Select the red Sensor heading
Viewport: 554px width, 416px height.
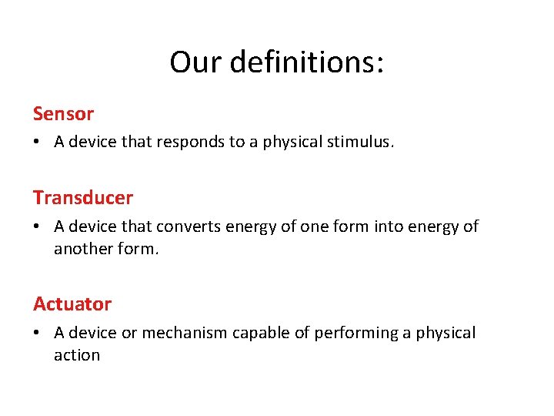tap(63, 114)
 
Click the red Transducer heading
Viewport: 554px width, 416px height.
tap(83, 198)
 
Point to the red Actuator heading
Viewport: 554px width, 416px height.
tap(72, 304)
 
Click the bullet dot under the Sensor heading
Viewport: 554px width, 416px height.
tap(37, 143)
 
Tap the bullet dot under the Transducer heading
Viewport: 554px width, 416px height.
tap(37, 226)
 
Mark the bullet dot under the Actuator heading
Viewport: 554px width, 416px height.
tap(37, 333)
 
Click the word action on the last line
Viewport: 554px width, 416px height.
tap(77, 355)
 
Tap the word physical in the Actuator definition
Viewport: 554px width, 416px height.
tap(446, 333)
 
